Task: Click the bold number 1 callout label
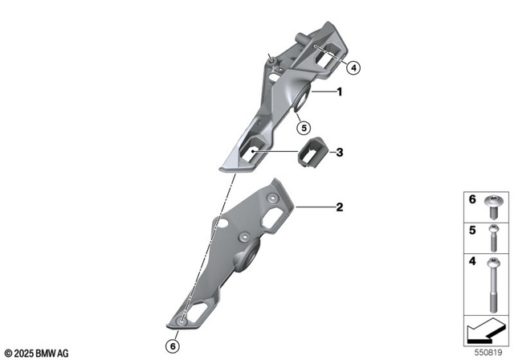(x=339, y=92)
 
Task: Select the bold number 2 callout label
(x=339, y=207)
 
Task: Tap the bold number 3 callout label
(x=339, y=151)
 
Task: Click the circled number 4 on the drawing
(x=354, y=68)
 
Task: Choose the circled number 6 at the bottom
(x=172, y=346)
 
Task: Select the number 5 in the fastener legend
(x=472, y=230)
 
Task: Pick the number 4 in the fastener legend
(x=472, y=261)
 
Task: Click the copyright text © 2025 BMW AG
(x=37, y=353)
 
